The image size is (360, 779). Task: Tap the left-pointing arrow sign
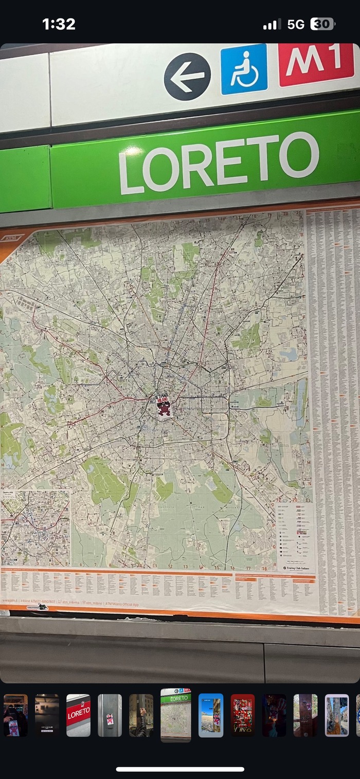187,76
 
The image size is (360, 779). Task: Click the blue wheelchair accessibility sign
244,69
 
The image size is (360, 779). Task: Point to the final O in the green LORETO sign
299,155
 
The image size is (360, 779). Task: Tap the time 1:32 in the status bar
59,24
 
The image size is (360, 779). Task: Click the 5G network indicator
296,24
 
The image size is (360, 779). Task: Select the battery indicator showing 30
322,24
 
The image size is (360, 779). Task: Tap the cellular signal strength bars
272,24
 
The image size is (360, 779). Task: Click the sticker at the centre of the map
164,406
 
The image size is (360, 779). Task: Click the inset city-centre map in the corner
35,528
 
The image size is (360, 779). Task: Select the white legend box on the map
295,535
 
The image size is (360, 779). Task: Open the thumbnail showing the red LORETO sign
78,715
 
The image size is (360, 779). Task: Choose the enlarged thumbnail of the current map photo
176,715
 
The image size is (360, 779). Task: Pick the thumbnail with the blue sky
211,715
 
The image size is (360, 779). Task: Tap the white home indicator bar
180,769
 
